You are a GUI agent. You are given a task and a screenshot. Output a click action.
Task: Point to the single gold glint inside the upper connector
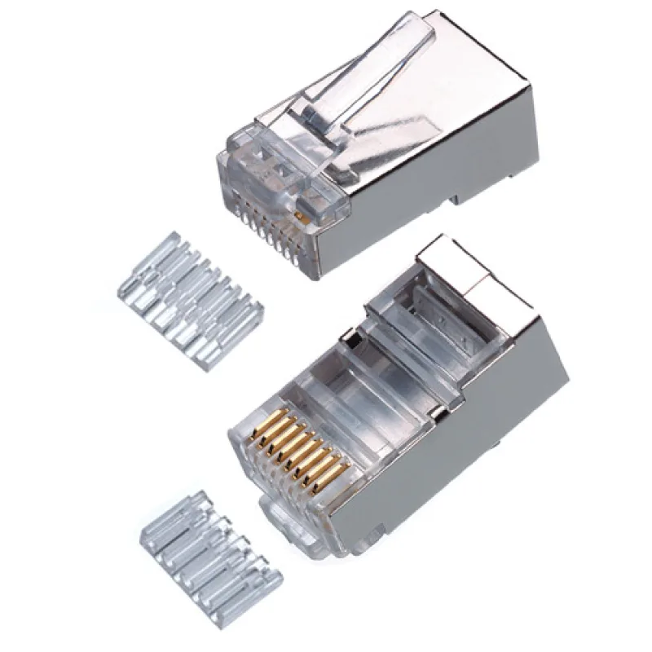point(301,218)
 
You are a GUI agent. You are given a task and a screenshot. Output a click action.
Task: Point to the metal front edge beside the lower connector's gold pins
point(359,497)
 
